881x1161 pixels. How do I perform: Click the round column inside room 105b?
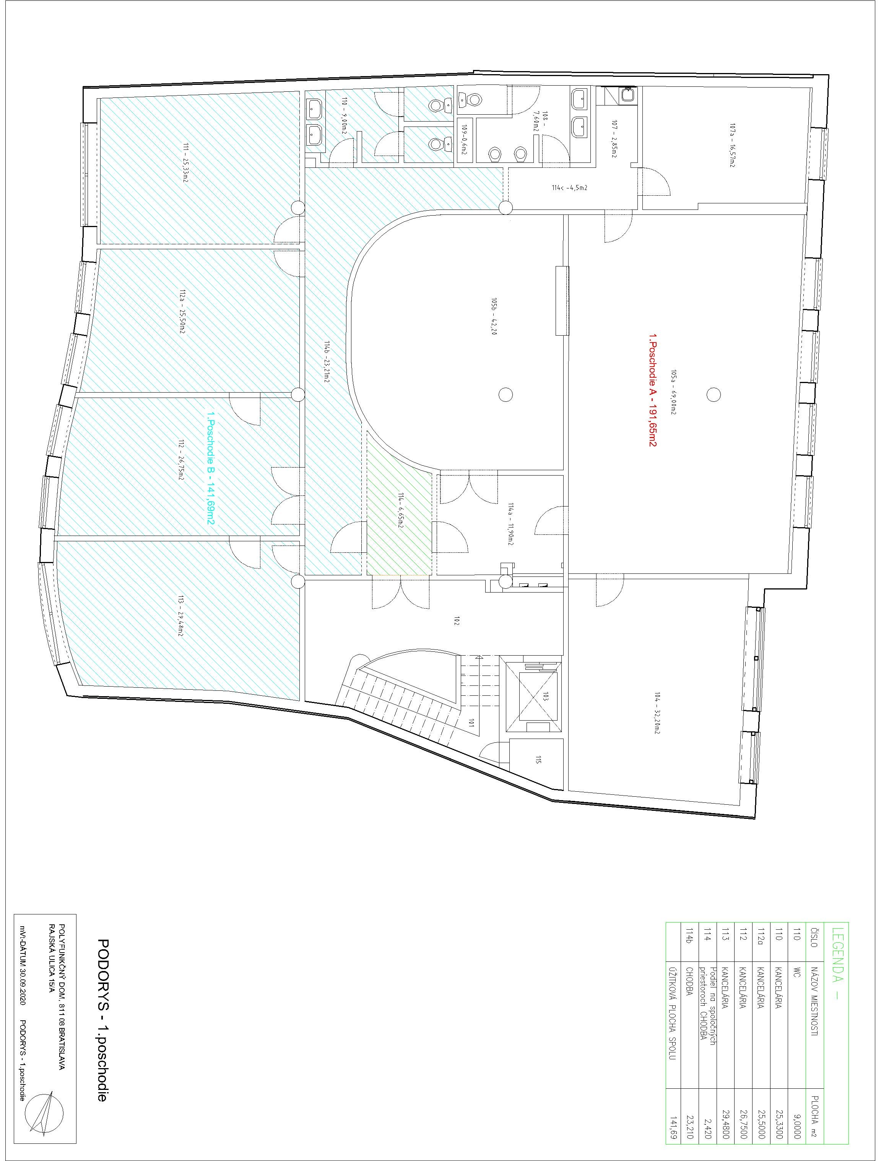(x=505, y=394)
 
